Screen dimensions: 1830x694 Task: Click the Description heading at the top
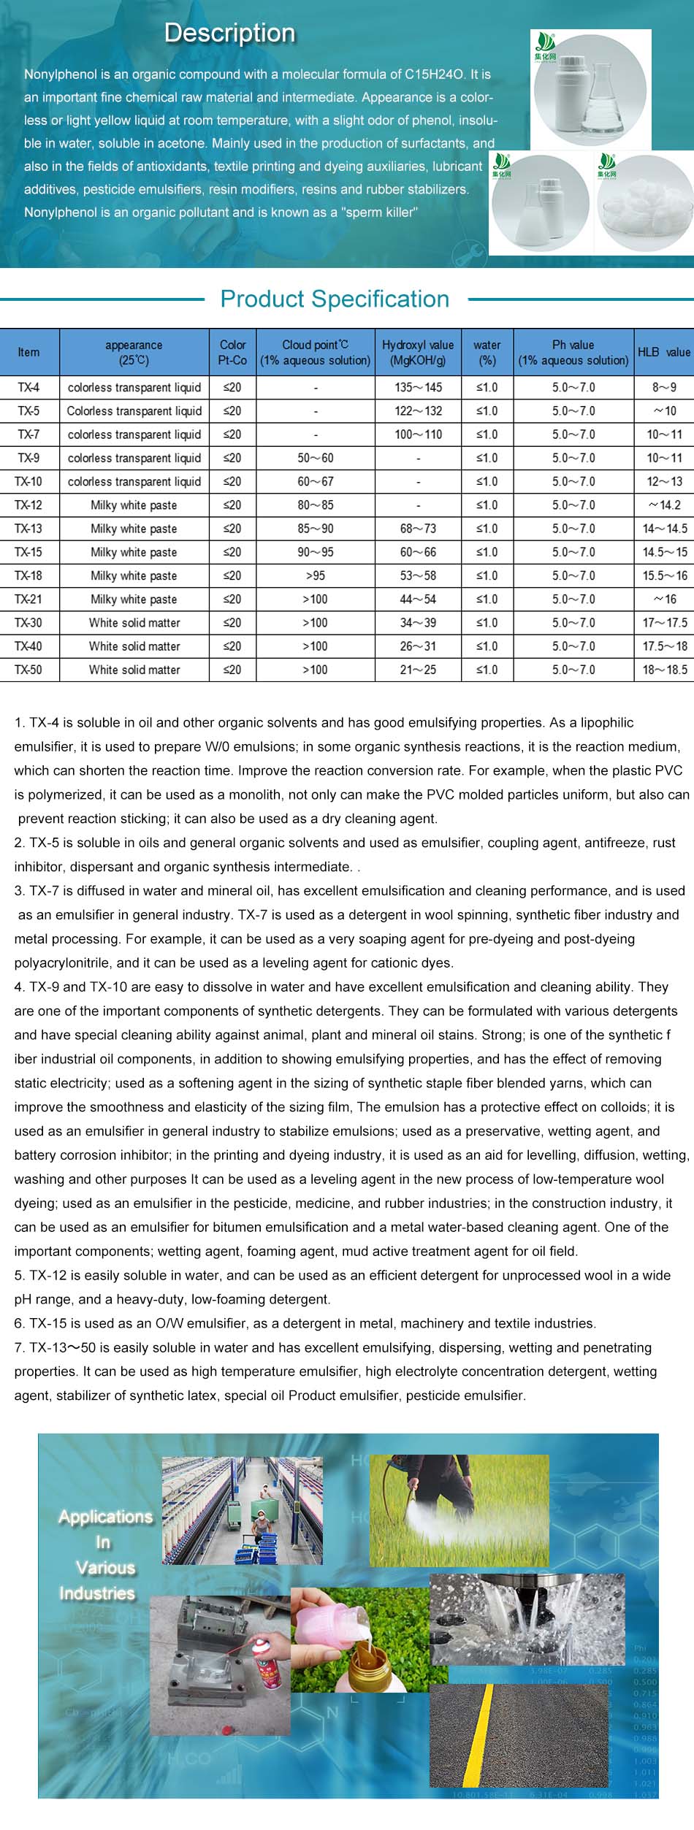coord(229,33)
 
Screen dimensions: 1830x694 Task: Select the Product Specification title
coord(335,299)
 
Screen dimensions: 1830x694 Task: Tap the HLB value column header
coord(663,352)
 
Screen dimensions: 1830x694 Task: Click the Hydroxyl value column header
coord(418,352)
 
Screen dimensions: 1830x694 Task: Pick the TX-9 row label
coord(28,458)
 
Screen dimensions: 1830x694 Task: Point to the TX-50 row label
coord(28,670)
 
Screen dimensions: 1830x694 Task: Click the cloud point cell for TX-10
coord(316,481)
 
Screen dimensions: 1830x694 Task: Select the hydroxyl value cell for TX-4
coord(418,387)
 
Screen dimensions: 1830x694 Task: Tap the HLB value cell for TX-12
coord(664,505)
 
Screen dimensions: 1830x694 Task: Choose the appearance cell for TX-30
coord(134,623)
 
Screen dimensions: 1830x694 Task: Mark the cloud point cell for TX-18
coord(316,575)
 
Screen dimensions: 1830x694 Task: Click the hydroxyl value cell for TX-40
coord(418,646)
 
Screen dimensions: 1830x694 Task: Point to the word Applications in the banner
coord(106,1517)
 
